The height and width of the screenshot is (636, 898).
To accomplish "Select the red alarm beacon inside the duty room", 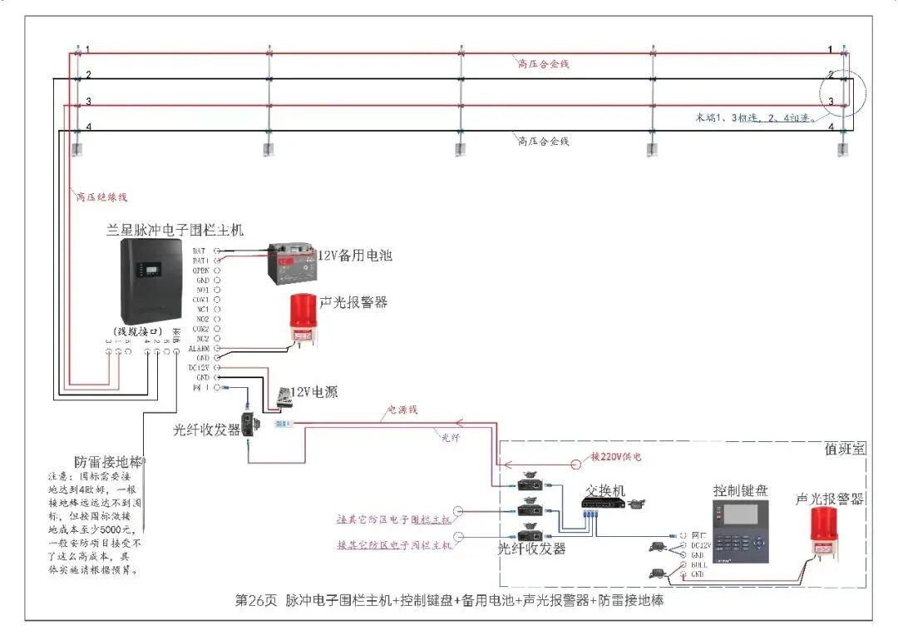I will [x=831, y=533].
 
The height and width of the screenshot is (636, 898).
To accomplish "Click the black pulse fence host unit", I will [x=151, y=283].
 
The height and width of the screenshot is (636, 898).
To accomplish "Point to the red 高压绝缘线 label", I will [x=101, y=197].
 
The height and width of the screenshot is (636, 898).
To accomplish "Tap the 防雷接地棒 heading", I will [x=109, y=461].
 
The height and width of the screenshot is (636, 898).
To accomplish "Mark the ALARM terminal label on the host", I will [x=200, y=349].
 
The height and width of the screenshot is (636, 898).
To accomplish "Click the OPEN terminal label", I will [x=200, y=271].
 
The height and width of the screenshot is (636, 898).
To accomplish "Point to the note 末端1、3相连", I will [x=754, y=117].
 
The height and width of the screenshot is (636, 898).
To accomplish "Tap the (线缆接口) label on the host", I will [x=138, y=331].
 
